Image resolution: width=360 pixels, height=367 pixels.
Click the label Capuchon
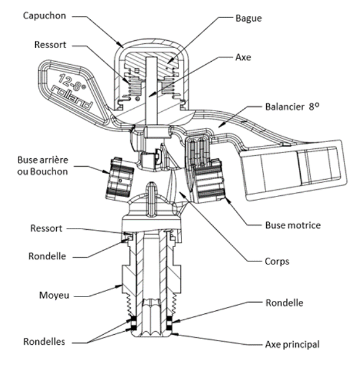(44, 16)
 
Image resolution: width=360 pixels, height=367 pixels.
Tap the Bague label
(248, 19)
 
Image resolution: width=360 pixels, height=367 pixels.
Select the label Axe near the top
(243, 57)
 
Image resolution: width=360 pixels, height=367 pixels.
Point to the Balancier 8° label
(292, 107)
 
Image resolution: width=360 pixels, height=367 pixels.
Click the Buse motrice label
(293, 225)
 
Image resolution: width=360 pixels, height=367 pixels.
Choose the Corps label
(277, 261)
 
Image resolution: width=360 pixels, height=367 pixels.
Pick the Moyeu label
(54, 295)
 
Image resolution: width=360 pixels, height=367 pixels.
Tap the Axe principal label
(293, 345)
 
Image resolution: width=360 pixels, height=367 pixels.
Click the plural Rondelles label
(44, 342)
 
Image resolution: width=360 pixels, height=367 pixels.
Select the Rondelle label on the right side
(285, 303)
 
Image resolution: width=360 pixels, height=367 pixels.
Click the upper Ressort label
(50, 44)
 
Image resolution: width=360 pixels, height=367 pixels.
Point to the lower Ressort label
(46, 228)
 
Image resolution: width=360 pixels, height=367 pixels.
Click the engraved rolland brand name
(72, 98)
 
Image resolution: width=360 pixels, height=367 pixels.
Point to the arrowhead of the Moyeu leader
(119, 286)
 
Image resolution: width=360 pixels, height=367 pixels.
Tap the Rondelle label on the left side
(47, 256)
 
